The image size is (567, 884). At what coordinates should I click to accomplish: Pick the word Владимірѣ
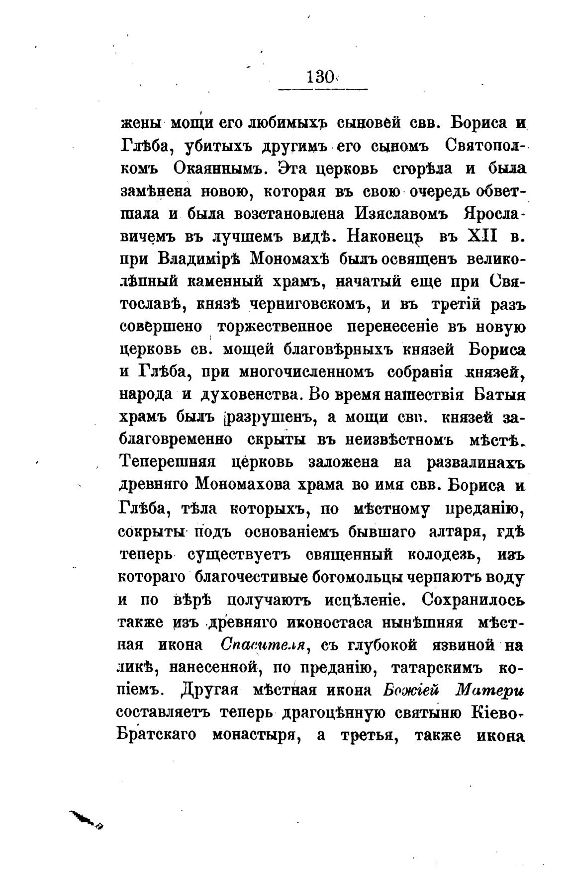[x=199, y=259]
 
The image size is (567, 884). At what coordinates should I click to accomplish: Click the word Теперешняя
[x=168, y=462]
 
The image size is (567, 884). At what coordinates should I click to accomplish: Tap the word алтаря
[x=459, y=531]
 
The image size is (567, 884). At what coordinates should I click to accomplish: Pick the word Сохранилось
[x=472, y=600]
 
